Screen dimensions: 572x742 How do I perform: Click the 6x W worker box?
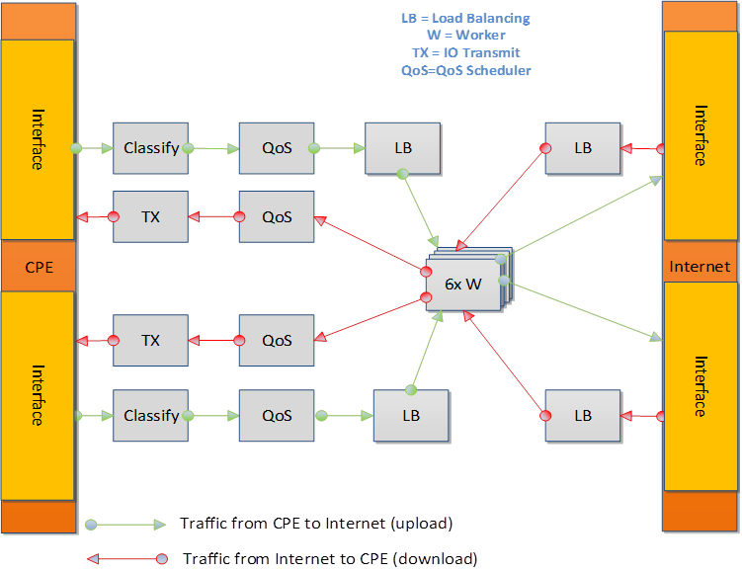coord(462,284)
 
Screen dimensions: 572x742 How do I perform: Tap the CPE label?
coord(39,267)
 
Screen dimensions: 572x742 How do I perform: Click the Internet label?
coord(700,266)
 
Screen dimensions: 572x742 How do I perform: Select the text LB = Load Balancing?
coord(465,19)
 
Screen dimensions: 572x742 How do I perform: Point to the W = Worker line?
coord(465,36)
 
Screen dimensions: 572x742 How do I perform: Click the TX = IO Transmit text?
coord(465,52)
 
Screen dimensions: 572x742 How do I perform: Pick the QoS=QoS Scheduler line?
coord(465,70)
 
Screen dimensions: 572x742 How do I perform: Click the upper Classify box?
coord(150,148)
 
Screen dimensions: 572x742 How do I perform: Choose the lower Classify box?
coord(150,416)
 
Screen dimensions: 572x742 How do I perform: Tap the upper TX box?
coord(150,216)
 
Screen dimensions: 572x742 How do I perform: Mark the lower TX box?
coord(150,340)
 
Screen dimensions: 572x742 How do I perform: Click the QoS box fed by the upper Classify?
coord(277,148)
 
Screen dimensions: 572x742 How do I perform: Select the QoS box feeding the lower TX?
coord(277,340)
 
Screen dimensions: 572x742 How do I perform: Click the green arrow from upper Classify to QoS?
coord(213,149)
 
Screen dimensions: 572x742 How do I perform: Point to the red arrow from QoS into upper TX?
coord(213,216)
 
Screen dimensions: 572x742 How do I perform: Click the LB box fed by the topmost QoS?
coord(402,148)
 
